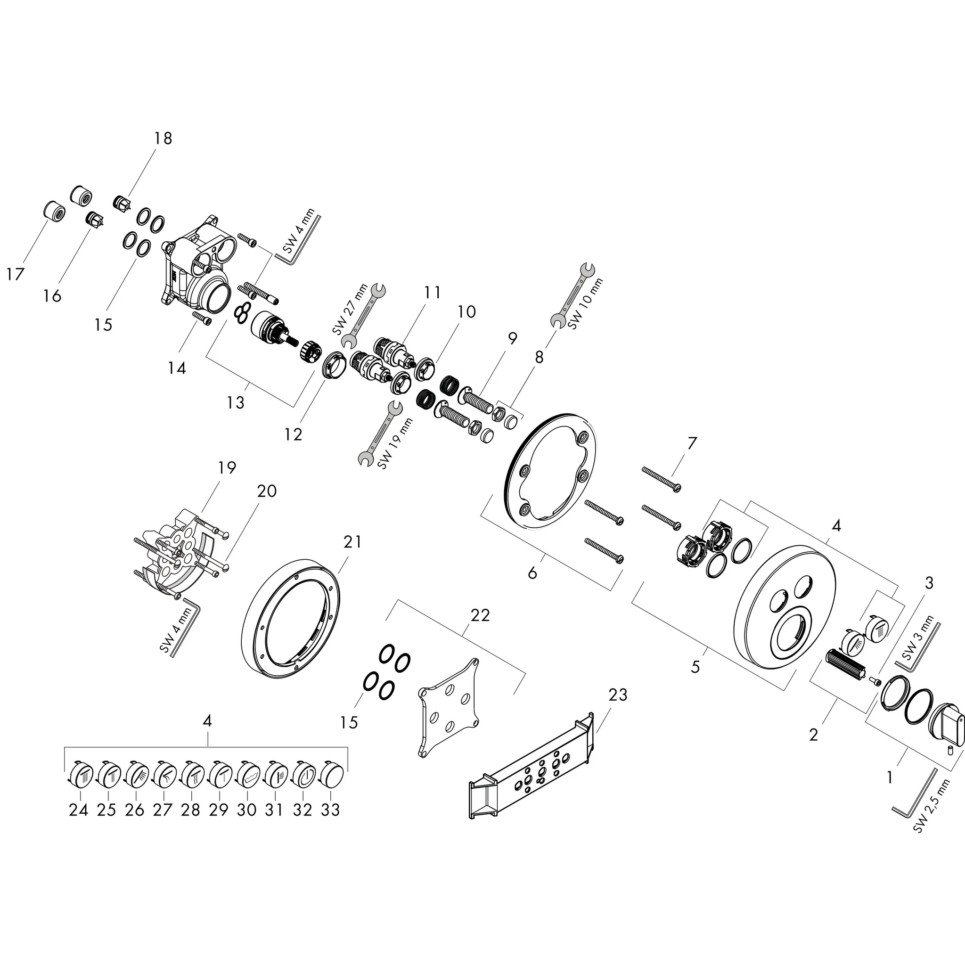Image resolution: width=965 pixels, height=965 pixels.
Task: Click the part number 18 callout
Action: click(163, 138)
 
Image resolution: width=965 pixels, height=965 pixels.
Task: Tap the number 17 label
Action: click(16, 274)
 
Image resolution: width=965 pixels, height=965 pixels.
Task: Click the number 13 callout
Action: click(235, 402)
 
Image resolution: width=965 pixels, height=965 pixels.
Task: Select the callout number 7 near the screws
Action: click(691, 443)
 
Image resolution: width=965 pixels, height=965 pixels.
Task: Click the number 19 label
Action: click(227, 467)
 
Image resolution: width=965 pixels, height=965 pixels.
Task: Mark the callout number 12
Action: click(293, 434)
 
